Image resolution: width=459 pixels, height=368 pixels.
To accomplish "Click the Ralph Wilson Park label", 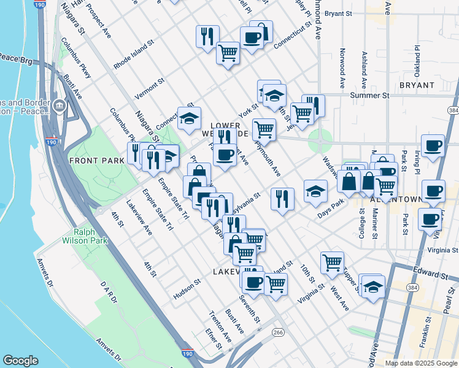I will click(x=91, y=236).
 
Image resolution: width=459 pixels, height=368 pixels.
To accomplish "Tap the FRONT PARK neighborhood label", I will click(x=97, y=161).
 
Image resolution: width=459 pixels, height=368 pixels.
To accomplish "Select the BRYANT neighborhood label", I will click(x=417, y=85).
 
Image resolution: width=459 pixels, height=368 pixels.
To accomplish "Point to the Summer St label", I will click(x=369, y=96).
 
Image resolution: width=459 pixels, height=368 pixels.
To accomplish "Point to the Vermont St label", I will click(x=150, y=88).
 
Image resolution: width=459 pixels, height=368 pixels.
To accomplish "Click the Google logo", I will click(x=20, y=361).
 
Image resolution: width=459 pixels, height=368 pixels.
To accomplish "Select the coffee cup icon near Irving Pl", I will click(x=433, y=146).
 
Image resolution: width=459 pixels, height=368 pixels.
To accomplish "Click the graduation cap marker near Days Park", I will click(x=315, y=191).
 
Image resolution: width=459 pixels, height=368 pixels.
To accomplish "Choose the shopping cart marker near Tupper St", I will click(x=332, y=262).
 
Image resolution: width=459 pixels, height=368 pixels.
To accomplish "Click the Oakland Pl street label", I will click(x=417, y=56).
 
